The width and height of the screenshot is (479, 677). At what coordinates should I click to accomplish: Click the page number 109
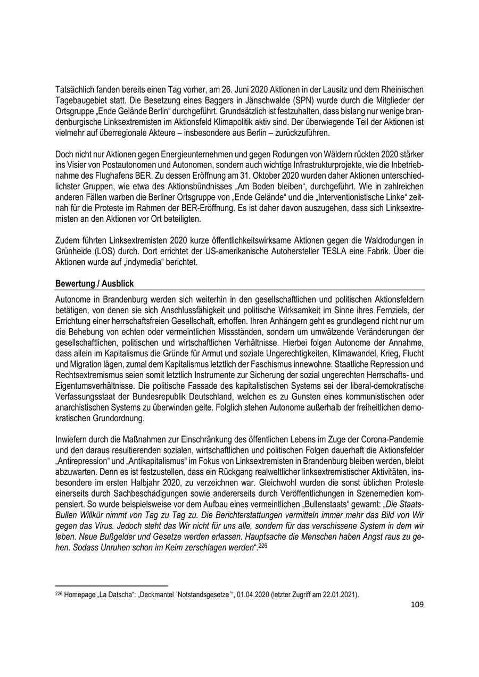click(x=417, y=605)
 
